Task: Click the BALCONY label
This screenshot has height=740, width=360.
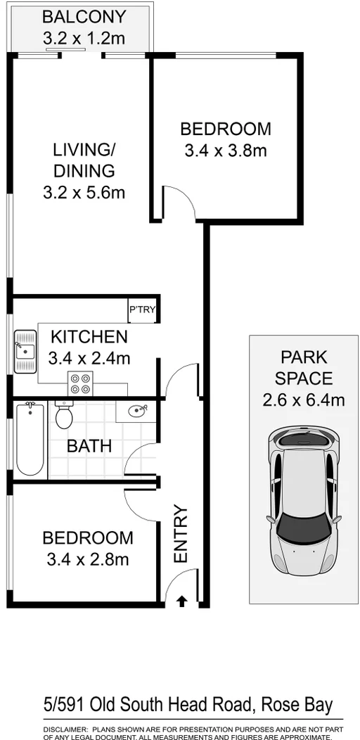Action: point(84,16)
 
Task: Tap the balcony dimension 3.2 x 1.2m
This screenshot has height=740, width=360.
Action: point(84,37)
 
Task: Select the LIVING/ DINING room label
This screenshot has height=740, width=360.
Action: point(84,160)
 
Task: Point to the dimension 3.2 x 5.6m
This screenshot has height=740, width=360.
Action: point(84,191)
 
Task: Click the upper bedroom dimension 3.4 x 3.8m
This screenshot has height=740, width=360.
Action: point(226,150)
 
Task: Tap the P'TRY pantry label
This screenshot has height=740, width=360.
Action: point(142,310)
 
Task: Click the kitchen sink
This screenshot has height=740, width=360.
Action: point(26,350)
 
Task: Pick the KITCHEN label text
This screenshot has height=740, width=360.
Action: point(89,337)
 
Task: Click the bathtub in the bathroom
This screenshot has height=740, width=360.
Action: point(30,439)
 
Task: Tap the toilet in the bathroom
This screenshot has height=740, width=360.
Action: point(64,416)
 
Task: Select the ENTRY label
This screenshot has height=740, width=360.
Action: point(181,534)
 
